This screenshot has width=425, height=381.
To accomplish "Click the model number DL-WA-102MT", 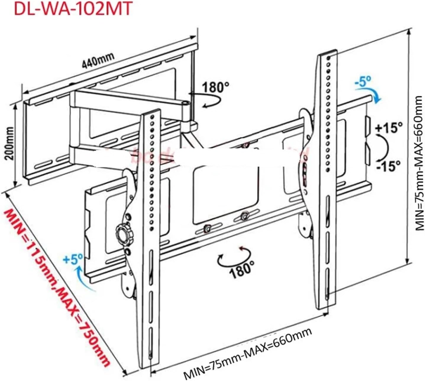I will point(73,9).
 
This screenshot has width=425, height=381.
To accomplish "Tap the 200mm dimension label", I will point(9,143).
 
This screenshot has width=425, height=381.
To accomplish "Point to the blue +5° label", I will point(73,260).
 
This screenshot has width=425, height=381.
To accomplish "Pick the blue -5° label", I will point(363,81).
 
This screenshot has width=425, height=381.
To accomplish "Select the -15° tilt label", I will point(388,166).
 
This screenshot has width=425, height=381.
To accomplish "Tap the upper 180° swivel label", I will point(216,87).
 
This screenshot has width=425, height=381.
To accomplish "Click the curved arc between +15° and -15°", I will point(384,147).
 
